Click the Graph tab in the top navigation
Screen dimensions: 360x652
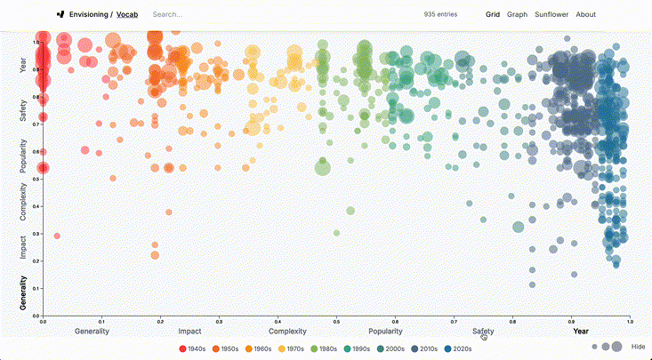[x=518, y=14]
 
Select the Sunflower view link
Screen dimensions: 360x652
[x=551, y=14]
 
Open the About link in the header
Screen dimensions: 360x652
[x=586, y=14]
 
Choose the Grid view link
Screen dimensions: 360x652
[x=492, y=14]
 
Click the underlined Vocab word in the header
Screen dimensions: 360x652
[x=127, y=14]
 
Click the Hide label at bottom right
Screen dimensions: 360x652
[x=638, y=347]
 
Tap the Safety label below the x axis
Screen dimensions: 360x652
[x=483, y=332]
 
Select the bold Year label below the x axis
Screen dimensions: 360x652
[x=581, y=332]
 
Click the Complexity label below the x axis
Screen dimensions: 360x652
[x=287, y=332]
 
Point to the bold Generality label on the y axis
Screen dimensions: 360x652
[x=23, y=293]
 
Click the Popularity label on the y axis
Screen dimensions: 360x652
[x=23, y=155]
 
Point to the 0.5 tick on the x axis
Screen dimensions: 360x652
[x=336, y=321]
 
